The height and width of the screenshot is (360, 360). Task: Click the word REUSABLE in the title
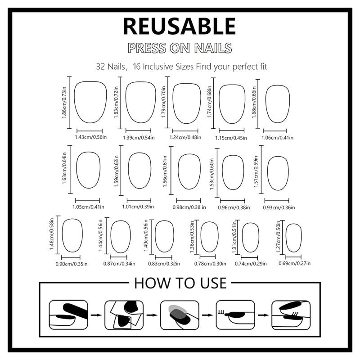[x=180, y=26]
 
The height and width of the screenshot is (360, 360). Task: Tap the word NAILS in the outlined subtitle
[x=213, y=48]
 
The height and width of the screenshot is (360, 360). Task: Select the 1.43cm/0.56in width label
[x=91, y=137]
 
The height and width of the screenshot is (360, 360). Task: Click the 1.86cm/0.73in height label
[x=64, y=103]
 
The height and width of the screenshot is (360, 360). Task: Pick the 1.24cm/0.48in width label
[x=185, y=137]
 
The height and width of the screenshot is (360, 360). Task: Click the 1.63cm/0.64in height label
[x=64, y=168]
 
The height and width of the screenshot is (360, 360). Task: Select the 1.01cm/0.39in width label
[x=138, y=207]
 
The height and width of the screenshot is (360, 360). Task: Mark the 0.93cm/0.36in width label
[x=279, y=207]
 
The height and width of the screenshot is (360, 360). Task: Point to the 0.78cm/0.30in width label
[x=210, y=264]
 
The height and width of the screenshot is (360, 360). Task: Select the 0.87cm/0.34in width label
[x=119, y=264]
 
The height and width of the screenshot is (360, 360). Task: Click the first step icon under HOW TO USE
[x=68, y=315]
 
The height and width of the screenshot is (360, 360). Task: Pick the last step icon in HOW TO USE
[x=291, y=315]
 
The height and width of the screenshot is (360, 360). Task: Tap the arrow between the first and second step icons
[x=96, y=315]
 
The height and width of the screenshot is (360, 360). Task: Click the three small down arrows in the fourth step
[x=221, y=312]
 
